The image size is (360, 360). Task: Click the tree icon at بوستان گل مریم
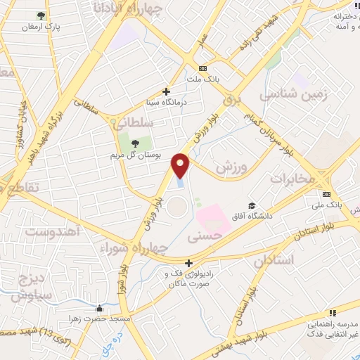(135, 143)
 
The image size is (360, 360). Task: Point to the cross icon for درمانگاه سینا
(167, 91)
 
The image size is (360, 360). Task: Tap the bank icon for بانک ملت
(203, 68)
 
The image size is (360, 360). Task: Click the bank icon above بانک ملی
(326, 194)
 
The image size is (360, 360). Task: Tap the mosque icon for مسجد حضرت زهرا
(100, 307)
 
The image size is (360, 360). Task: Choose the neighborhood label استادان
(267, 261)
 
